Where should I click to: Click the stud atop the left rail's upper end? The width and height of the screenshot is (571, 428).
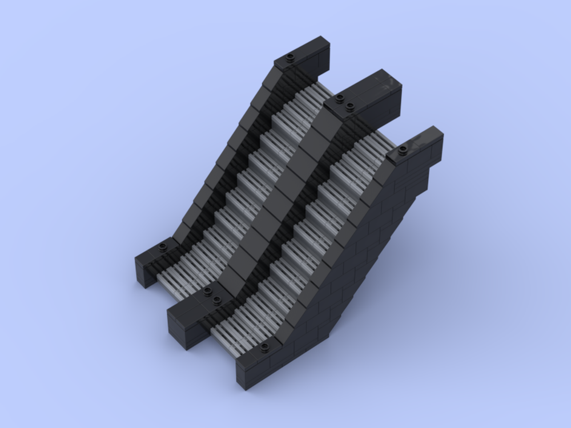coord(290,58)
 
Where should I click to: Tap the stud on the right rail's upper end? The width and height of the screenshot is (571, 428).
coord(403,150)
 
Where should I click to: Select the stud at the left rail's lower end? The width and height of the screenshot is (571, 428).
coord(163,247)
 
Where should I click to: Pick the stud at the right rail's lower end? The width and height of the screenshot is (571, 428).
coord(265,347)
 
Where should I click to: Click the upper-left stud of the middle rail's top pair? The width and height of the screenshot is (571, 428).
coord(340,98)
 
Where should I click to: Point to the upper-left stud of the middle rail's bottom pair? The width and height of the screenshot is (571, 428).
coord(207,292)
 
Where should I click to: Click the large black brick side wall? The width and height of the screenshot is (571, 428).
coord(354,257)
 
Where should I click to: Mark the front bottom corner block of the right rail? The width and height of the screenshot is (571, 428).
coord(251,371)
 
